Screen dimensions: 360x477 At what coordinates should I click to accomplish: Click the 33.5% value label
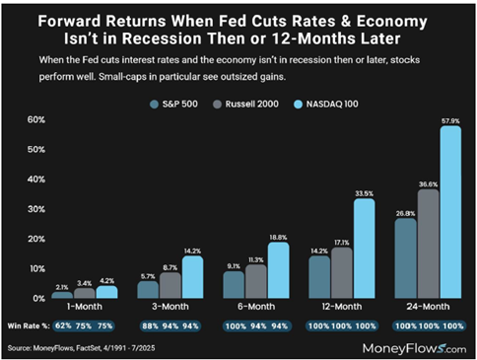tap(364, 192)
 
